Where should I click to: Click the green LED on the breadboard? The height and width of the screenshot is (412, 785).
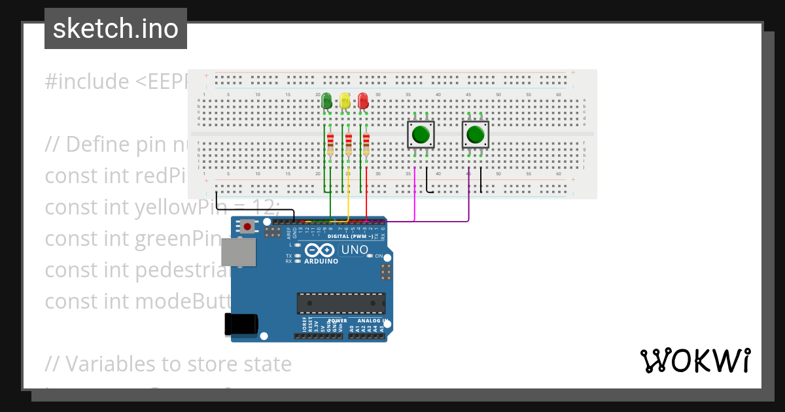pyautogui.click(x=326, y=101)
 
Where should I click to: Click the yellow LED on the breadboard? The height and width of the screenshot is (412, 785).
pyautogui.click(x=345, y=101)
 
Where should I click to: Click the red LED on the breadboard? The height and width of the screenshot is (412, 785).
pyautogui.click(x=363, y=101)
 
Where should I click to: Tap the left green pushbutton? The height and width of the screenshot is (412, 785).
pyautogui.click(x=421, y=135)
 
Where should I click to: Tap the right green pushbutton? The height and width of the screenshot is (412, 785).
pyautogui.click(x=475, y=135)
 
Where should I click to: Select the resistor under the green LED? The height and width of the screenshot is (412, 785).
pyautogui.click(x=330, y=143)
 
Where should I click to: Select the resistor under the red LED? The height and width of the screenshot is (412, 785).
pyautogui.click(x=366, y=143)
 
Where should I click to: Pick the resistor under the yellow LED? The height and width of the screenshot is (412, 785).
pyautogui.click(x=349, y=143)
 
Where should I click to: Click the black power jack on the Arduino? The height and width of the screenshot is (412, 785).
pyautogui.click(x=241, y=324)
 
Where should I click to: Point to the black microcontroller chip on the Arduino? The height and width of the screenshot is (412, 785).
pyautogui.click(x=341, y=303)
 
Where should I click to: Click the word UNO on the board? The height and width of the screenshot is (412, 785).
pyautogui.click(x=353, y=250)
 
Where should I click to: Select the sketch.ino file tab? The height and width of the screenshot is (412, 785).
pyautogui.click(x=116, y=29)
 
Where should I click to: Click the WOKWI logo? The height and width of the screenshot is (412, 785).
pyautogui.click(x=695, y=361)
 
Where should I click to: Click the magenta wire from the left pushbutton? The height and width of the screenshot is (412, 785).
pyautogui.click(x=414, y=196)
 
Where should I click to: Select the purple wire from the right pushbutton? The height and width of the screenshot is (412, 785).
pyautogui.click(x=469, y=196)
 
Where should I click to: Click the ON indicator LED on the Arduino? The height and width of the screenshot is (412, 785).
pyautogui.click(x=370, y=256)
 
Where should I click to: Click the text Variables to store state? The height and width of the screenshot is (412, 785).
pyautogui.click(x=168, y=364)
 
